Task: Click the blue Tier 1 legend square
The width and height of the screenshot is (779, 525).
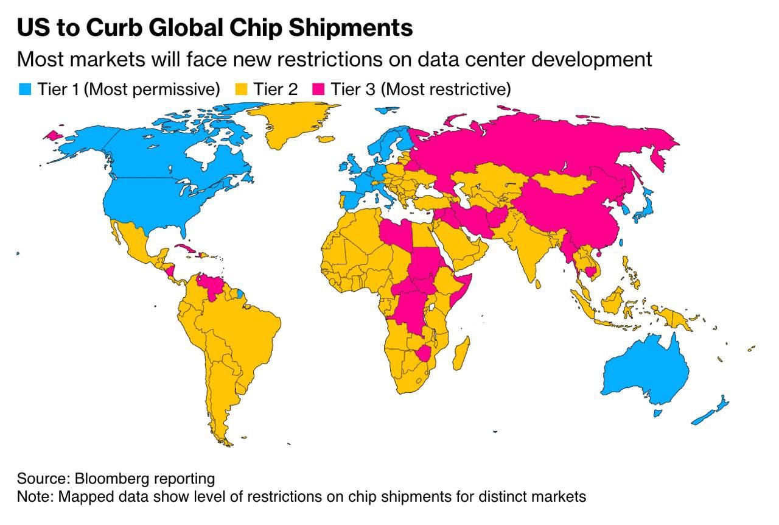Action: pos(25,89)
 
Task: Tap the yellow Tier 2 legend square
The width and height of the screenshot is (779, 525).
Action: pos(241,89)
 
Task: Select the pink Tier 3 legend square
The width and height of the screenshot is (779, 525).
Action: pos(318,89)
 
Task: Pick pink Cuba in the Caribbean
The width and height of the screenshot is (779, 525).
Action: pos(186,248)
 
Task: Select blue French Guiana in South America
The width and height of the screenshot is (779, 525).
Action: pos(240,294)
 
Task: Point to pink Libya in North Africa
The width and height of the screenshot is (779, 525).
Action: pos(396,233)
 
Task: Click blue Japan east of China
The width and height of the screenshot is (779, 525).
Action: pos(644,205)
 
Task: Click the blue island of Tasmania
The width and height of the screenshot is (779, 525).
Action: pos(658,413)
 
